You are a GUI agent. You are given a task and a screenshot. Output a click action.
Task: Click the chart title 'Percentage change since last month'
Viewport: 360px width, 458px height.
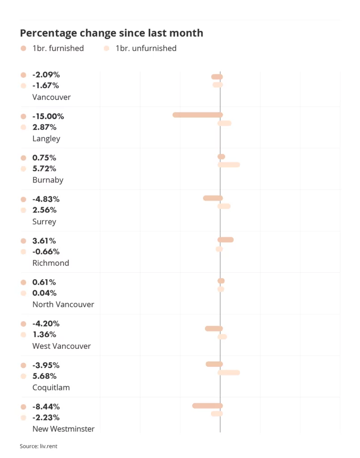click(111, 33)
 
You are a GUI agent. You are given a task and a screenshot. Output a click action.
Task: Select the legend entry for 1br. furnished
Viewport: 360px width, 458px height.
click(52, 48)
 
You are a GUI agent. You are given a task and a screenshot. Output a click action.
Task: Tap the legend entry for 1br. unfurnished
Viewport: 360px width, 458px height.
click(140, 48)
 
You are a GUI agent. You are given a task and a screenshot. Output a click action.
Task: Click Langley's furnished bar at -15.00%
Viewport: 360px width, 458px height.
click(198, 115)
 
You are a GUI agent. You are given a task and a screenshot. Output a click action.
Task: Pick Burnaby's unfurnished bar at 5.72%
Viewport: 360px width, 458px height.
click(229, 165)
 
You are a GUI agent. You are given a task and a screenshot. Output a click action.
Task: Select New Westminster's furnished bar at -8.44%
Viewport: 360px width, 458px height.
click(207, 406)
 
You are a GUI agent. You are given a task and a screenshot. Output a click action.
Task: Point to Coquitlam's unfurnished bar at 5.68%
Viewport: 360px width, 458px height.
click(229, 372)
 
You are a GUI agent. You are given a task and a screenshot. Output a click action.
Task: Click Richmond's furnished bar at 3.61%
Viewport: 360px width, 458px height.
click(225, 240)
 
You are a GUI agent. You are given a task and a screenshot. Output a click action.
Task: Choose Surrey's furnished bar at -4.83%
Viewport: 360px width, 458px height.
click(212, 198)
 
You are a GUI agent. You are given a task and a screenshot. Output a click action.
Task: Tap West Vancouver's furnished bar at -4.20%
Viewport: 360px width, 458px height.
click(213, 329)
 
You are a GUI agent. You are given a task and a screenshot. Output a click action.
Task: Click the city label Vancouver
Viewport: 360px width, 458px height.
click(51, 97)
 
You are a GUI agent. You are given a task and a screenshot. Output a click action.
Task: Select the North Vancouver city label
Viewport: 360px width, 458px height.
click(63, 305)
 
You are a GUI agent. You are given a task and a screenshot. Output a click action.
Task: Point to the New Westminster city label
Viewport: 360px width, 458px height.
click(64, 429)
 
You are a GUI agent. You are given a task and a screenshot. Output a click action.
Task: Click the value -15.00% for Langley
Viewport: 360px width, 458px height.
click(48, 116)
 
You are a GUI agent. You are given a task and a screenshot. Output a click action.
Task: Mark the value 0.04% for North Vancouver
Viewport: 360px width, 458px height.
click(44, 293)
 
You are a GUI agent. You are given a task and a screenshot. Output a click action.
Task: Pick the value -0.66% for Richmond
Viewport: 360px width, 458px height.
click(46, 252)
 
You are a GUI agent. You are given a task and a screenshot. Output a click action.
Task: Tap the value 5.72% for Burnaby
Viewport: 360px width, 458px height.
click(44, 169)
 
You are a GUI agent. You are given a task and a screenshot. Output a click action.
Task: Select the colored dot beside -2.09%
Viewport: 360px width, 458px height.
click(23, 75)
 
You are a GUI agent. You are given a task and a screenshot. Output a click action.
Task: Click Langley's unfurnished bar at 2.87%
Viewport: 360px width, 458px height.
click(224, 123)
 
